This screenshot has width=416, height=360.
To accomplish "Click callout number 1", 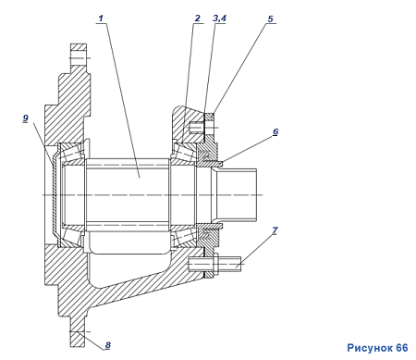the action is pos(101,19).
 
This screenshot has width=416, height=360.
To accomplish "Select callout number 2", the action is pos(198,19).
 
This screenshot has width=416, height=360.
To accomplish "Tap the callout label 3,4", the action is pos(219,19).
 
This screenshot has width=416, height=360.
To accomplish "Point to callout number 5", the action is pos(270,19).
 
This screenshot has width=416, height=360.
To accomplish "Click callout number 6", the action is pos(275,131).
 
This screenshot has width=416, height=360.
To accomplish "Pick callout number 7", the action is pos(275,230).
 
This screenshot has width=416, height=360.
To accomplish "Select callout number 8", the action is pos(107,345).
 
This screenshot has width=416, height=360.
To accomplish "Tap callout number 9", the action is pos(26,118).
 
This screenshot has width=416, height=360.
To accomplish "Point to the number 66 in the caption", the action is pos(402,348).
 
